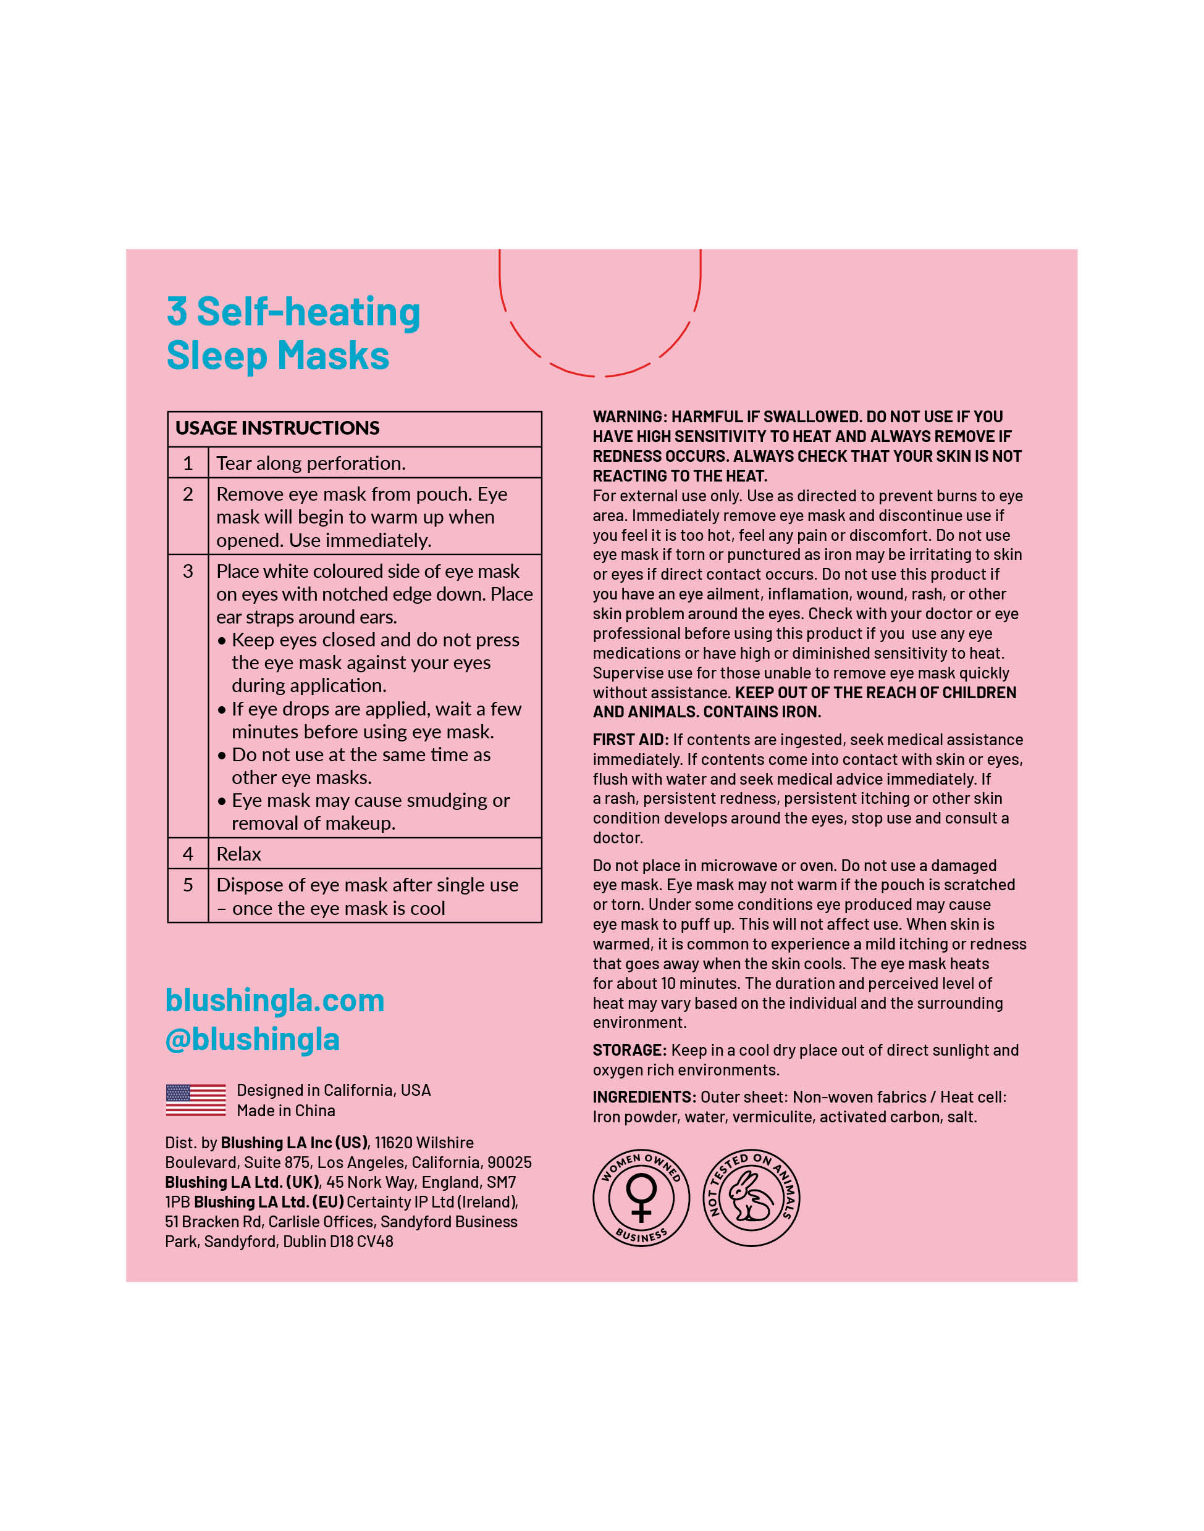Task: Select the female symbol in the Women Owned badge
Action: pos(641,1197)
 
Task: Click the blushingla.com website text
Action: pos(275,1001)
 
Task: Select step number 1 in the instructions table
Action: pos(188,464)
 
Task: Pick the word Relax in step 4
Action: pos(238,854)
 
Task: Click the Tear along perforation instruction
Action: pos(311,464)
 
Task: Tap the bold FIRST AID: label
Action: pos(630,740)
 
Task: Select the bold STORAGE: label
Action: pos(629,1051)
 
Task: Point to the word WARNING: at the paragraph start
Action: pos(629,417)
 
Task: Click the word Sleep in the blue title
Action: pos(216,356)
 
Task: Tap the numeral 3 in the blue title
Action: pos(177,312)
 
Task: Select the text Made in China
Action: pos(285,1111)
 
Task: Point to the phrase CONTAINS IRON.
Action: pos(762,712)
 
